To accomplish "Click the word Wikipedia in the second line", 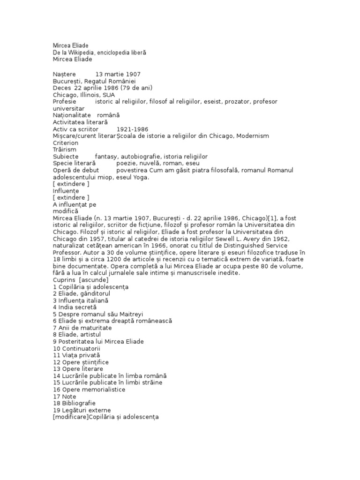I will coord(82,53).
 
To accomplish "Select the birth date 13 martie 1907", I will coord(118,75).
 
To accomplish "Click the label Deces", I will coord(62,88).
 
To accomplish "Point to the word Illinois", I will coord(90,95).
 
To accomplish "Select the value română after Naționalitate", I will coord(108,115).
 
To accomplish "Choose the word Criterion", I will coord(66,142).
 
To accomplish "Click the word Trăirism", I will coord(65,149).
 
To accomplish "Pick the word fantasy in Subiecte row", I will coord(107,156).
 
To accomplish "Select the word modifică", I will coord(65,211).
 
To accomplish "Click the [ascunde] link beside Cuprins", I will coord(94,279).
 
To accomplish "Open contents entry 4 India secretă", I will coord(77,307).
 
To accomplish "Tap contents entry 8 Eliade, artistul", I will coord(77,334).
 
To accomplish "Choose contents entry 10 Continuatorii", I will coord(77,348).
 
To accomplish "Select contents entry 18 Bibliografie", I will coord(75,403).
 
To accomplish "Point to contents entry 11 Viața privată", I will coord(77,355).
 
